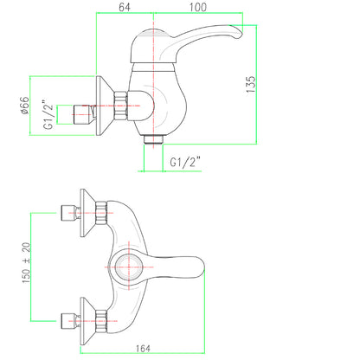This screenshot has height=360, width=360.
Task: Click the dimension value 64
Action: point(125,7)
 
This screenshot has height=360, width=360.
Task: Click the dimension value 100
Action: point(198,7)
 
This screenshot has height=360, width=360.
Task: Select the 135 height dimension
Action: point(251,84)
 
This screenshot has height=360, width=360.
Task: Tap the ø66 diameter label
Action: point(25,106)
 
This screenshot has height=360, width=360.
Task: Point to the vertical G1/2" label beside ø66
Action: point(48,115)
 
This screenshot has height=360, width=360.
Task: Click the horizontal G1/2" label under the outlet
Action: point(185,162)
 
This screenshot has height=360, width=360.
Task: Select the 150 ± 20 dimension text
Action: point(26,263)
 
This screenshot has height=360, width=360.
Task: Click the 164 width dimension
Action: point(143,349)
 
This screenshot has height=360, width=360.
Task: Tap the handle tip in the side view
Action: point(239,32)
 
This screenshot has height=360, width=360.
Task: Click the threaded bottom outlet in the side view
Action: point(153,139)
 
